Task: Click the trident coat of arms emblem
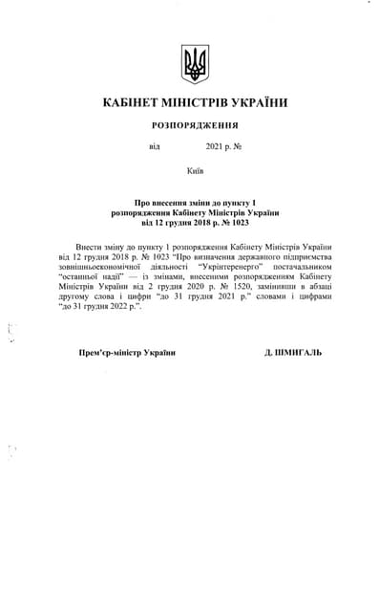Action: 194,64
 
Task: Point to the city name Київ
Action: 194,171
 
